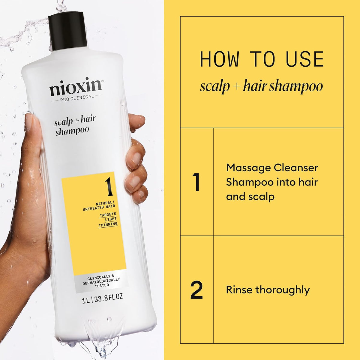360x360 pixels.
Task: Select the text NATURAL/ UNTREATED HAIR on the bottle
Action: [99, 205]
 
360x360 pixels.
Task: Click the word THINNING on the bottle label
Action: [108, 224]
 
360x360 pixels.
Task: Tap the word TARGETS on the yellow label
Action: [108, 214]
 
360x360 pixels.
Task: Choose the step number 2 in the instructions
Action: [196, 290]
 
